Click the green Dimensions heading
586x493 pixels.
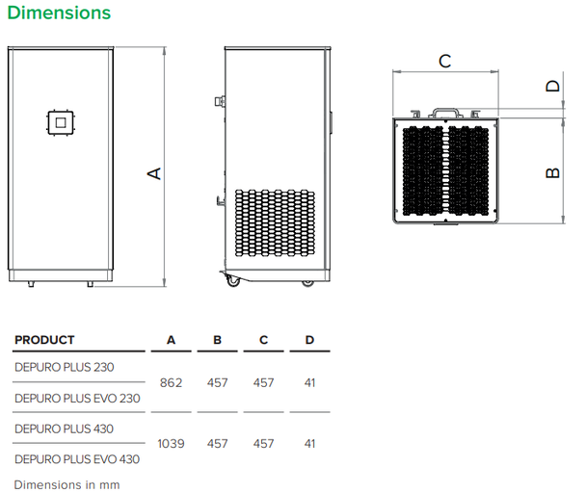(59, 13)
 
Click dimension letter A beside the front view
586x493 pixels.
(152, 172)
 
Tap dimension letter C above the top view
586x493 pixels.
(444, 62)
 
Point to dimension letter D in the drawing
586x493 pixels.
(552, 86)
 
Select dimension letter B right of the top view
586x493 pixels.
(552, 172)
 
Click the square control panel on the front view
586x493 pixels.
(61, 122)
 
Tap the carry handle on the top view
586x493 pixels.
(444, 112)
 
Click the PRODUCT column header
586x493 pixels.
(44, 340)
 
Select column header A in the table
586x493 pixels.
(171, 340)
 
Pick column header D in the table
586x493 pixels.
(309, 340)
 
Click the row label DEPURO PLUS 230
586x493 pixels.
(64, 367)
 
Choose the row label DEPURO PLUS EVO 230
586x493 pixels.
(77, 398)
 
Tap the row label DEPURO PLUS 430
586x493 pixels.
(64, 428)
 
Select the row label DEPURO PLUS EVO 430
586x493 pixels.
(77, 459)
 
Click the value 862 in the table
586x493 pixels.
(171, 382)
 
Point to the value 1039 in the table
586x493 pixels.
(171, 444)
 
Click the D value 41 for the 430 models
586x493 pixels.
(309, 444)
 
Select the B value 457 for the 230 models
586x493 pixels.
(218, 382)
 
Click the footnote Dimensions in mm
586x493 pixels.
(67, 484)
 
